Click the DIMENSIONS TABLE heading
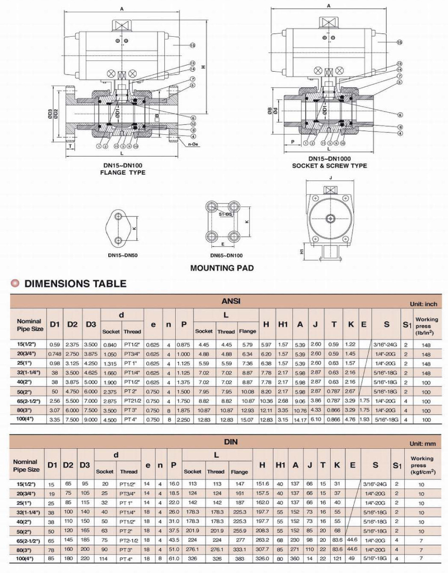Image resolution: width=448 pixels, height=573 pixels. [x=75, y=283]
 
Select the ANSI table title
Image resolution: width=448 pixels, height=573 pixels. [x=231, y=301]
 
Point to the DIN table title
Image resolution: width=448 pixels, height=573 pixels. [x=231, y=442]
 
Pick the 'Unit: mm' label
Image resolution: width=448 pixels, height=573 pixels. [x=423, y=443]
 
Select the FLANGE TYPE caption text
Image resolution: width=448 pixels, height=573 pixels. [x=122, y=172]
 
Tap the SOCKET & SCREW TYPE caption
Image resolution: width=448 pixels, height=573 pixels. [x=329, y=165]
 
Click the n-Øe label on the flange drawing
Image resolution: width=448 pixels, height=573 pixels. [x=194, y=144]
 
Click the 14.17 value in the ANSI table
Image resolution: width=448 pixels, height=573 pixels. [x=300, y=419]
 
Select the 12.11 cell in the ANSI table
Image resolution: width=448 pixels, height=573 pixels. [x=266, y=410]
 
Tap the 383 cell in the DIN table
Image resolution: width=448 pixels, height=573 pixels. [x=239, y=558]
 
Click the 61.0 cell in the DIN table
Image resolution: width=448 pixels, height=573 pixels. [x=174, y=558]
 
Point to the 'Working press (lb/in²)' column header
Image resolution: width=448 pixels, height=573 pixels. [x=426, y=326]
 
